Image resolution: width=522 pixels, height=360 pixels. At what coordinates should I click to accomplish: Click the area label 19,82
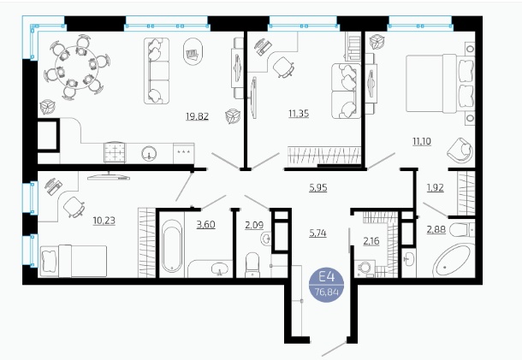(x=197, y=116)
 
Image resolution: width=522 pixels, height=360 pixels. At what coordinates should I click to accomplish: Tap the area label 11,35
(x=299, y=114)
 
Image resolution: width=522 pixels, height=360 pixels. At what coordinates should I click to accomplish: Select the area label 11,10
(x=422, y=141)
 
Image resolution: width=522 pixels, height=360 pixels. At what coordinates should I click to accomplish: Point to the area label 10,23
(x=104, y=221)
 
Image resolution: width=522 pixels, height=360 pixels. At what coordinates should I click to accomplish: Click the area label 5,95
(x=318, y=187)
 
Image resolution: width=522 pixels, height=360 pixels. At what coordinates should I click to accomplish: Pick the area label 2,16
(x=371, y=240)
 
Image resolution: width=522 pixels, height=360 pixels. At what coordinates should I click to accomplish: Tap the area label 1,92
(x=435, y=187)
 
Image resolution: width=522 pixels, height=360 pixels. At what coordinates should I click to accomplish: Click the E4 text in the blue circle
(x=326, y=277)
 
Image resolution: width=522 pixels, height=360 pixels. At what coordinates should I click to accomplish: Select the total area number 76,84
(x=327, y=292)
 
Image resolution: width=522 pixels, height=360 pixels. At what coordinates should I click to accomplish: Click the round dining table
(x=76, y=68)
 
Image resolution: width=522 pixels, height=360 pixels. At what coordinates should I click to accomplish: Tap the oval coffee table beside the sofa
(x=193, y=51)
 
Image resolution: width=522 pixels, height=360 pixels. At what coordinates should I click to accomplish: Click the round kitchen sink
(x=149, y=153)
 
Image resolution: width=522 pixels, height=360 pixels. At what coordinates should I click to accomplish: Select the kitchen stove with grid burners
(x=115, y=152)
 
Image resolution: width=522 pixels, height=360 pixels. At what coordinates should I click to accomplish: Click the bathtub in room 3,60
(x=172, y=245)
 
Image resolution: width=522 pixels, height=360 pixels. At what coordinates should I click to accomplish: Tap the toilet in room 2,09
(x=252, y=265)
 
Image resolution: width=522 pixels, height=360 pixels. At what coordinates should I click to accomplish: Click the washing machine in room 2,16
(x=365, y=269)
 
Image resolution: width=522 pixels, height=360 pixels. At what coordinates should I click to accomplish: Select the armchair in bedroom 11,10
(x=460, y=150)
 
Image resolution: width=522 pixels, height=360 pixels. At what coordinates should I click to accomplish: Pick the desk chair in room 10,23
(x=74, y=207)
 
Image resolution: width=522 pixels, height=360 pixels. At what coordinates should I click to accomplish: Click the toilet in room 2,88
(x=462, y=230)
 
